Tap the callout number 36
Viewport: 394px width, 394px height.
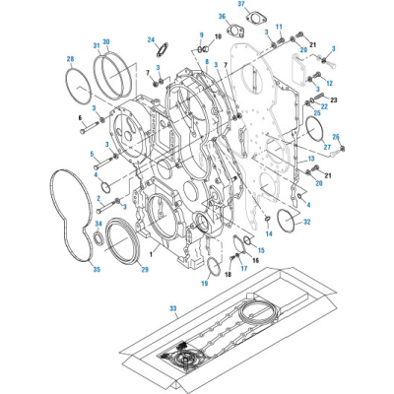click(x=223, y=17)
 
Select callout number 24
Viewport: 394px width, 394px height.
click(x=153, y=39)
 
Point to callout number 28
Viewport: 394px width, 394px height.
click(x=70, y=60)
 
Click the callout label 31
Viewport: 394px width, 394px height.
click(x=96, y=44)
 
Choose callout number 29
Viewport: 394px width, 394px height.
click(x=146, y=269)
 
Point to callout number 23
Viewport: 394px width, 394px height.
click(x=334, y=99)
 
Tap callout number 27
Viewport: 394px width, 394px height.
click(x=326, y=147)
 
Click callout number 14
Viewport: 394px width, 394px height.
click(x=269, y=234)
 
